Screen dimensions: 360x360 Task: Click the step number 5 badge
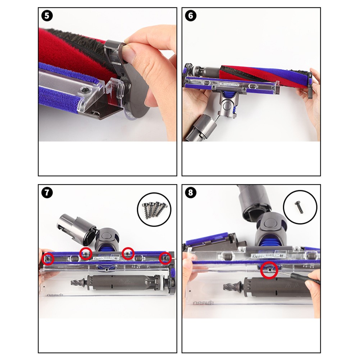tap(47, 16)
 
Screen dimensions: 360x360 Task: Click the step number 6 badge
tap(190, 16)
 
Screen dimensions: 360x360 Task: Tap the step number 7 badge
tap(47, 192)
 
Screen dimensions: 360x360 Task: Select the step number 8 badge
tap(190, 192)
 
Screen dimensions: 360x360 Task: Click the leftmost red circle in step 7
tap(47, 258)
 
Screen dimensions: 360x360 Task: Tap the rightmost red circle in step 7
tap(166, 258)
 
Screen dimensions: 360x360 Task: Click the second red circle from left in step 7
tap(86, 254)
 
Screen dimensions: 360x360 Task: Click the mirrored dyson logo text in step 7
tap(55, 294)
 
